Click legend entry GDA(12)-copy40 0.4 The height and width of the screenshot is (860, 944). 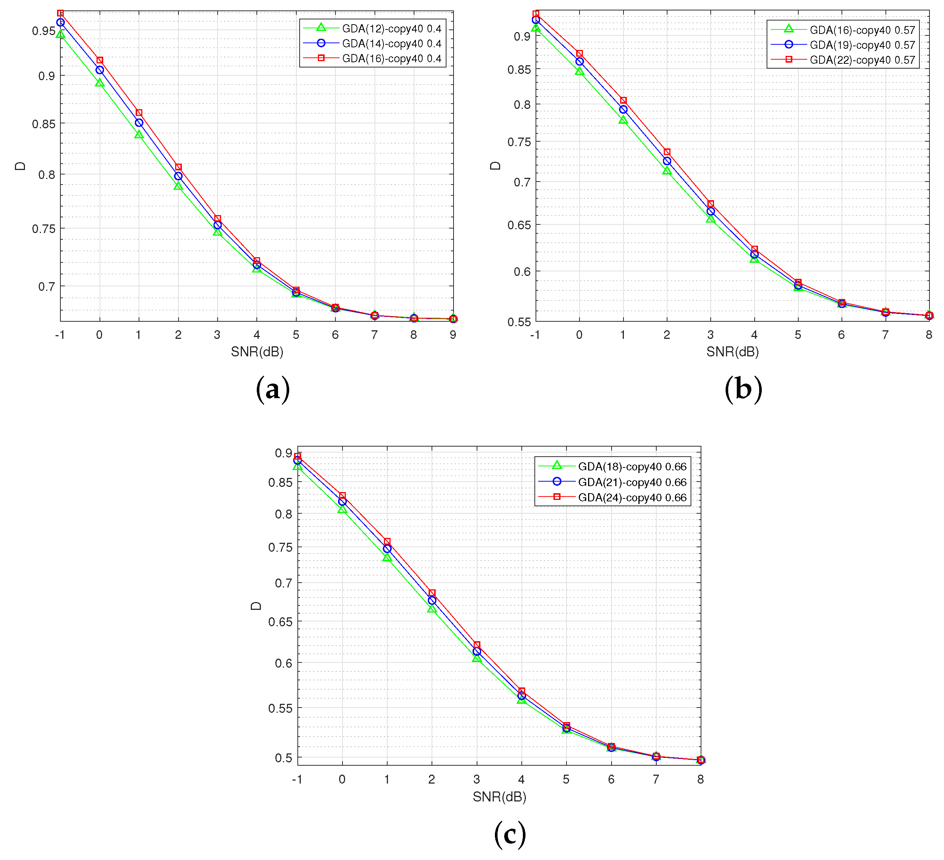click(x=391, y=29)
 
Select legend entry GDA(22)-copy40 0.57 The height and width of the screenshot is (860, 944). click(x=862, y=60)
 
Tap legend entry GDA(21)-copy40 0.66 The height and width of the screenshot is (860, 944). click(x=632, y=482)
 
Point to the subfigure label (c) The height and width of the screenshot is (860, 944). click(x=510, y=834)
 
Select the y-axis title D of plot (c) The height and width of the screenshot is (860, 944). click(x=256, y=606)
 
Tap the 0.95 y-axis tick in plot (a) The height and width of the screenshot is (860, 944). click(x=44, y=31)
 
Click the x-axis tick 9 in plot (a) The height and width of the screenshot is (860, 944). click(x=453, y=335)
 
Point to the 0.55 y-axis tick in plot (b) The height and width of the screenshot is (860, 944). click(x=519, y=322)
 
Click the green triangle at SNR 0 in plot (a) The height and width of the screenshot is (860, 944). click(x=99, y=83)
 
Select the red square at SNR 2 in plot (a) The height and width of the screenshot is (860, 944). click(x=178, y=167)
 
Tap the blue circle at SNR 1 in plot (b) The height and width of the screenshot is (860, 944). click(x=623, y=109)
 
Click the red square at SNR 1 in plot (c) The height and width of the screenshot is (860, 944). click(x=387, y=542)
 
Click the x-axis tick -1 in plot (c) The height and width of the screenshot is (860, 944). click(x=297, y=779)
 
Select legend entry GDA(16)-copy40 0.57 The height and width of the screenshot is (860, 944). click(x=862, y=30)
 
